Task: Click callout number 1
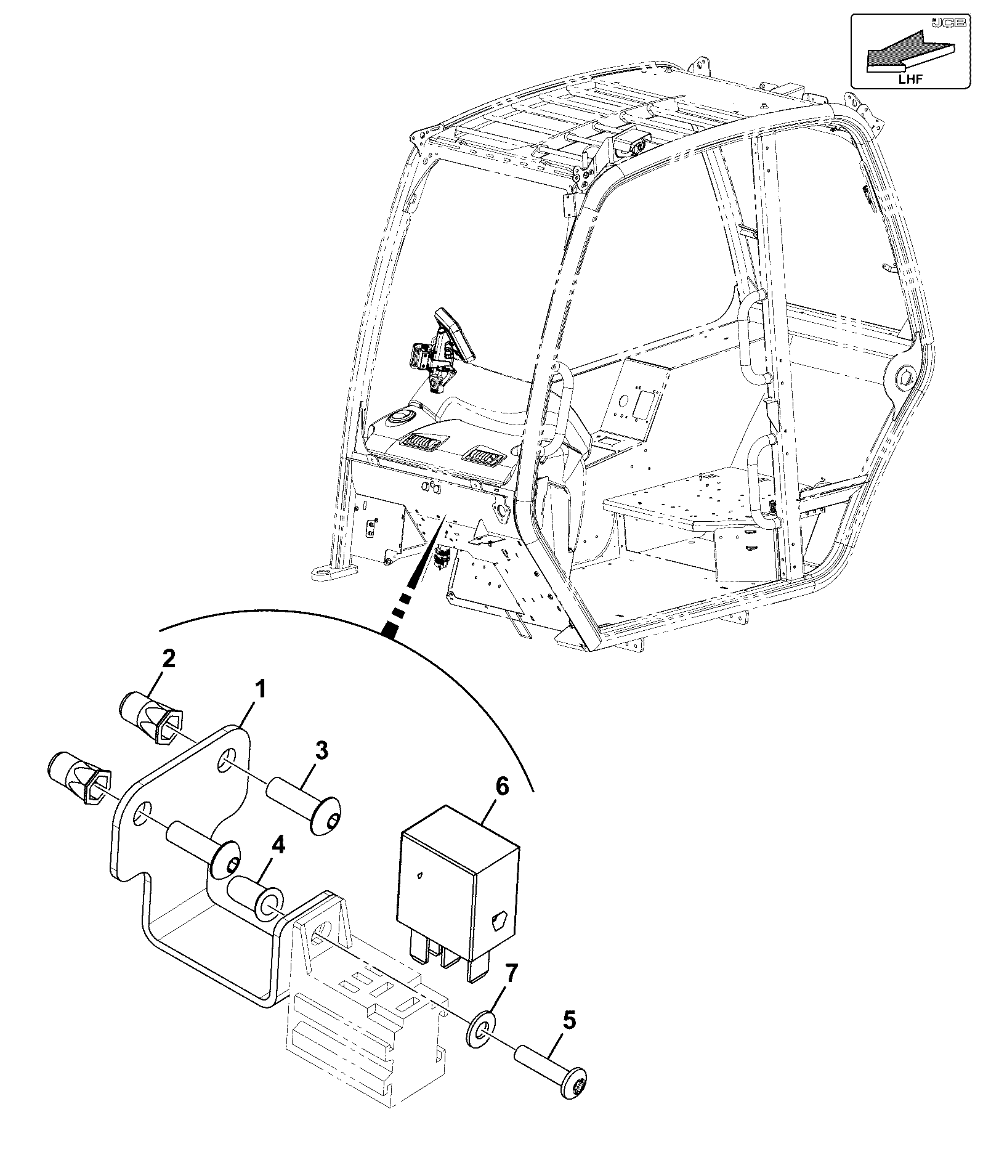(x=261, y=689)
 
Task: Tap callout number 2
(x=168, y=659)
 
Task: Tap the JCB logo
(x=949, y=22)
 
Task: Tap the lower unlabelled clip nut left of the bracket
(x=79, y=779)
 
